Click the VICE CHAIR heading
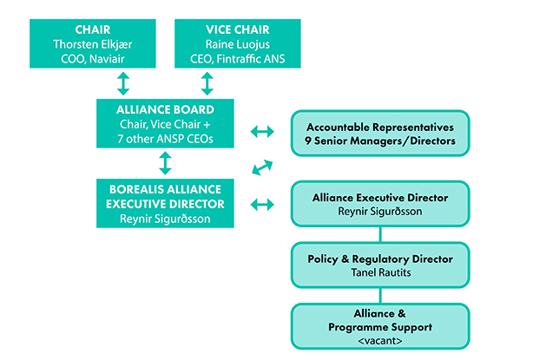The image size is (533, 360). pos(207,27)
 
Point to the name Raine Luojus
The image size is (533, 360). pos(207,43)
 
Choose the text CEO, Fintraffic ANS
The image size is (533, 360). pos(207,58)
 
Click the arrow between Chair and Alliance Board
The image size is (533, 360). pos(123,83)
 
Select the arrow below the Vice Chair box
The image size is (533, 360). pos(207,83)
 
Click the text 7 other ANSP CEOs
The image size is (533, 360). pos(165,139)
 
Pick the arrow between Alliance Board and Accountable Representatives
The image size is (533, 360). pos(261,131)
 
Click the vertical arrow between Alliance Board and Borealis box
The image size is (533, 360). pos(165,163)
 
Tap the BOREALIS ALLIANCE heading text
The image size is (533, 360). pos(165,189)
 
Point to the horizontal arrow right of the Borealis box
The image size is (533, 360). pos(261,205)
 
